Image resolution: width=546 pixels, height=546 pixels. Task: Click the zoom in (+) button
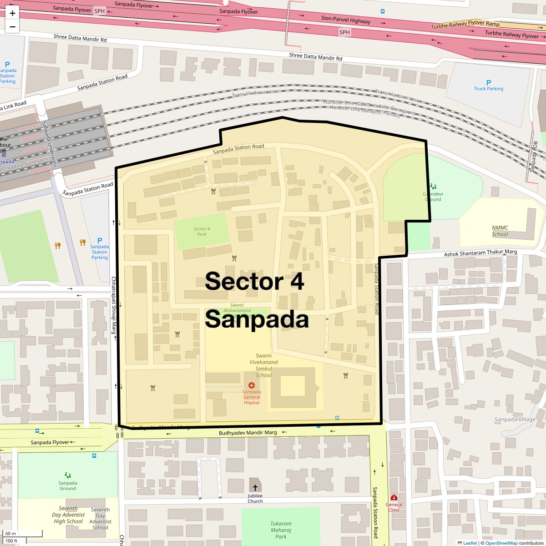click(x=12, y=14)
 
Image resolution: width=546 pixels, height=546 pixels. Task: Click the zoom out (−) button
click(x=12, y=27)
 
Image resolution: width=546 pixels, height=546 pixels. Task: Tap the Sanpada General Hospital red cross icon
click(x=252, y=385)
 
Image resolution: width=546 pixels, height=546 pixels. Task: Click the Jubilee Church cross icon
click(x=255, y=487)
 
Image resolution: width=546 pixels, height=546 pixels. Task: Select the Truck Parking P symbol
click(x=489, y=83)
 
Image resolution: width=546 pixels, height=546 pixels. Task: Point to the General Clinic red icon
click(x=394, y=497)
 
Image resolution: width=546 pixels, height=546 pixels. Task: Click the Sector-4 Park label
click(x=202, y=232)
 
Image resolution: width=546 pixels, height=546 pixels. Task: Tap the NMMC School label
click(x=500, y=231)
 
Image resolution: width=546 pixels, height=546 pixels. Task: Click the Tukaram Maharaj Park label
click(x=281, y=530)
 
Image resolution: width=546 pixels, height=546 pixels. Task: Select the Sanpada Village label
click(x=515, y=419)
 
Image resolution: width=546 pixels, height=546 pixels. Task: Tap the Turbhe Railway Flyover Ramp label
click(x=465, y=25)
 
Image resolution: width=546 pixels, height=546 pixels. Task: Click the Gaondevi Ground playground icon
click(x=433, y=186)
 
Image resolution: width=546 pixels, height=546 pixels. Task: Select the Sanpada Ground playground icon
click(x=68, y=475)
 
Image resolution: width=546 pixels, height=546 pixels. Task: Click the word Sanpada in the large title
click(x=257, y=319)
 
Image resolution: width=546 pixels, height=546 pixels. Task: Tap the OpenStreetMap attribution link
click(x=501, y=543)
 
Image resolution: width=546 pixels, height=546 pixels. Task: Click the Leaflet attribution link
click(x=470, y=543)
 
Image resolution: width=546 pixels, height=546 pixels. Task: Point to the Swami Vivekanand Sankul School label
click(x=263, y=365)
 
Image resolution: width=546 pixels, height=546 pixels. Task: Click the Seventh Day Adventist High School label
click(x=68, y=515)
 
